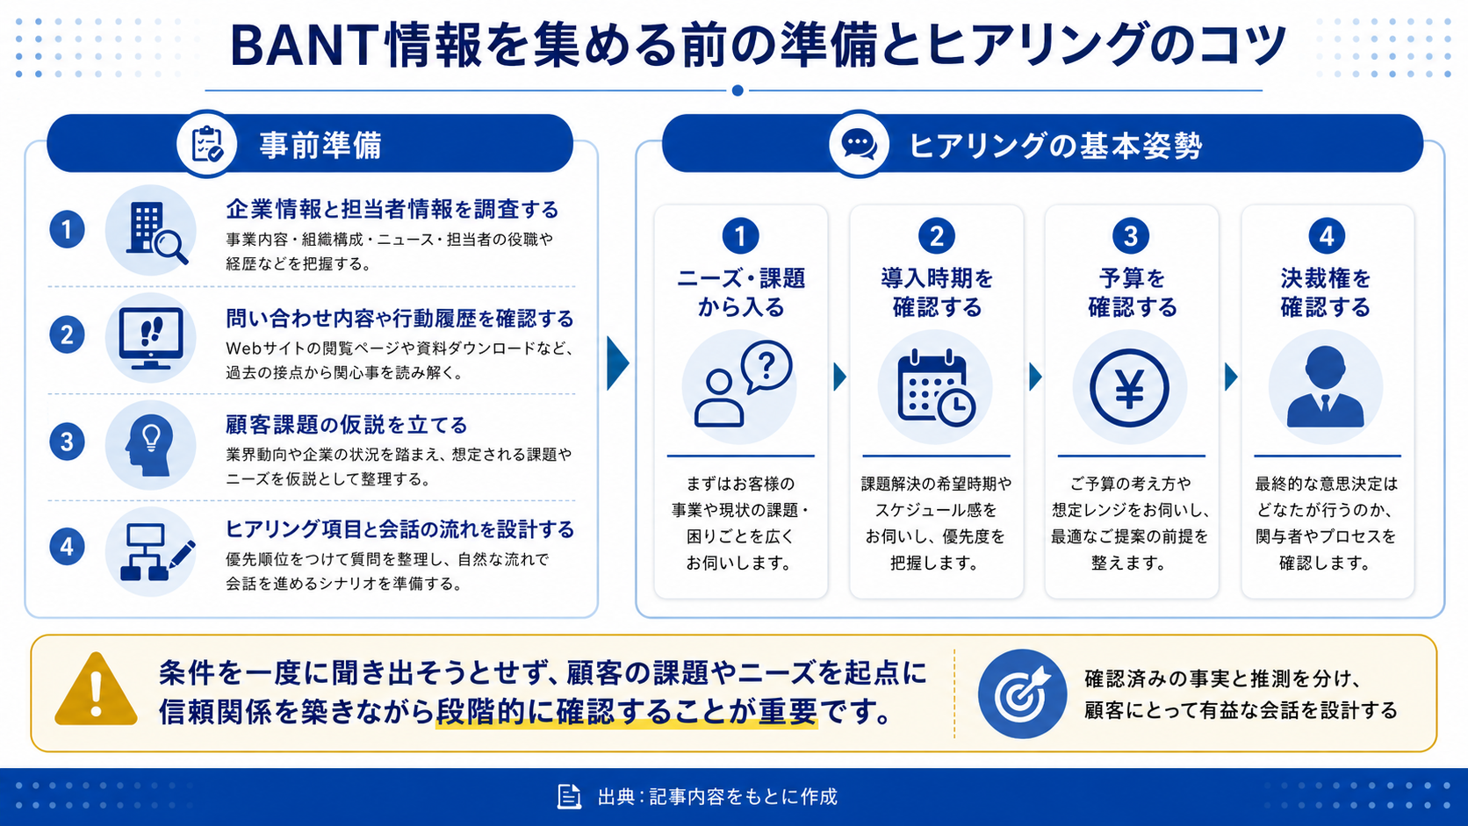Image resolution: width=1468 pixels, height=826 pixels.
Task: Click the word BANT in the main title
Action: pos(304,45)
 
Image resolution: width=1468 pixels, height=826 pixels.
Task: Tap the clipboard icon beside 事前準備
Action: pos(206,144)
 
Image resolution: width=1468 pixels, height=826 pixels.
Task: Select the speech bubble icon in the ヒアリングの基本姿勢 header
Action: pos(860,143)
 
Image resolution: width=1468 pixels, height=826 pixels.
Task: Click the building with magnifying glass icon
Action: pos(156,232)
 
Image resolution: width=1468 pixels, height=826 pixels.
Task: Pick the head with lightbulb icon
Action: pos(150,445)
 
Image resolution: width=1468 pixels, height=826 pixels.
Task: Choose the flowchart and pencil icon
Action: pos(157,551)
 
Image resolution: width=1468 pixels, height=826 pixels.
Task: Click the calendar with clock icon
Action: pos(935,389)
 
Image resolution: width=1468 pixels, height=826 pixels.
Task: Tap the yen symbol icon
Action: pos(1129,388)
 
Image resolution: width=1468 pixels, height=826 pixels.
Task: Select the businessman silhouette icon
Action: pos(1325,387)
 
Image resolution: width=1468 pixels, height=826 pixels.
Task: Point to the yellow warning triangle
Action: pos(97,689)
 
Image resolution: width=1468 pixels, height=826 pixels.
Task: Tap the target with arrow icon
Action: pos(1022,693)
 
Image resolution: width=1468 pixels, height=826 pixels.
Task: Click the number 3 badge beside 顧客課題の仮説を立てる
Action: pos(67,442)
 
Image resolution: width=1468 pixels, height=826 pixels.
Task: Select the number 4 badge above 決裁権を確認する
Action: pos(1327,236)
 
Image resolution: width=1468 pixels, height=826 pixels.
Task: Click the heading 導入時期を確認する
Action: pos(937,293)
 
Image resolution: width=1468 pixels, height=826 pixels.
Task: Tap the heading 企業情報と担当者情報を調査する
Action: pos(392,210)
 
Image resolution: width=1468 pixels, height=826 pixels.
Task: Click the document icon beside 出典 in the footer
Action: pos(569,796)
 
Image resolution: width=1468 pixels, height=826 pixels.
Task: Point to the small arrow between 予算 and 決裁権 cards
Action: pos(1231,377)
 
